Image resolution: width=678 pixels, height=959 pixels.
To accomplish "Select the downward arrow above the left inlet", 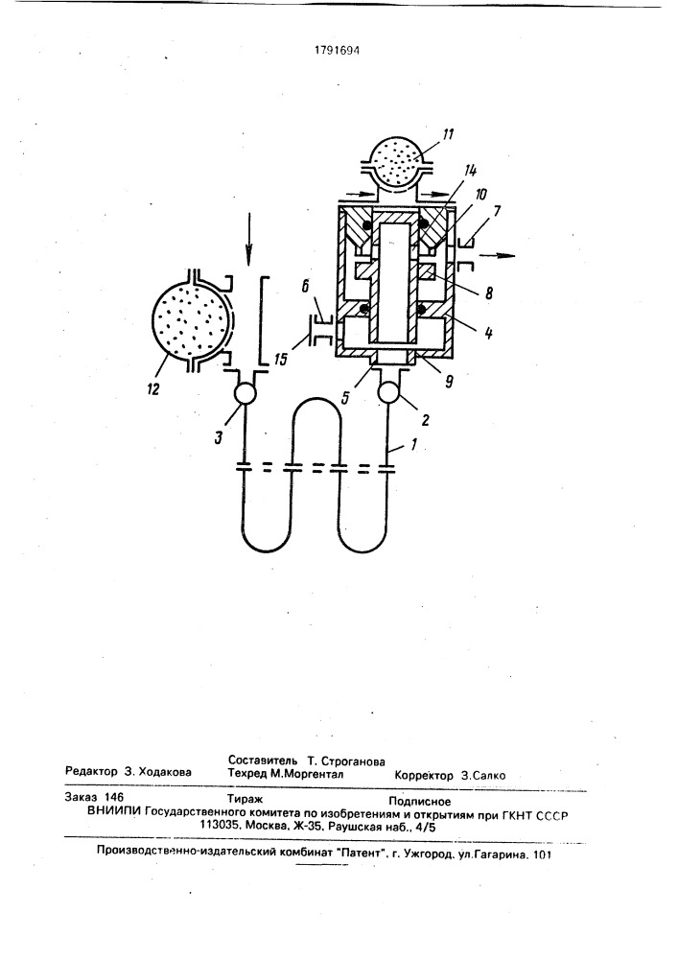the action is (x=248, y=239).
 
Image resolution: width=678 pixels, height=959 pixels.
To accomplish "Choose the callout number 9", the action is (x=450, y=383).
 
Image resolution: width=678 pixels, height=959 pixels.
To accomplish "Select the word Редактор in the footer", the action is (x=91, y=772).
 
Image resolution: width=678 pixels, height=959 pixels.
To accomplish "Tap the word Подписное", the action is (x=420, y=801).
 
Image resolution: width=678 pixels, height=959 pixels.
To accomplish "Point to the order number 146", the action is (x=114, y=797).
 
